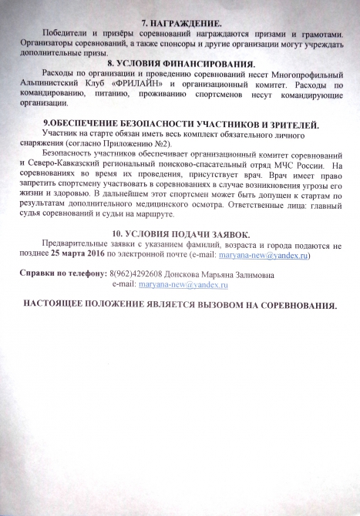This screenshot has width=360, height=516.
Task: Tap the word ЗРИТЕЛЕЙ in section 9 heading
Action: (284, 123)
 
